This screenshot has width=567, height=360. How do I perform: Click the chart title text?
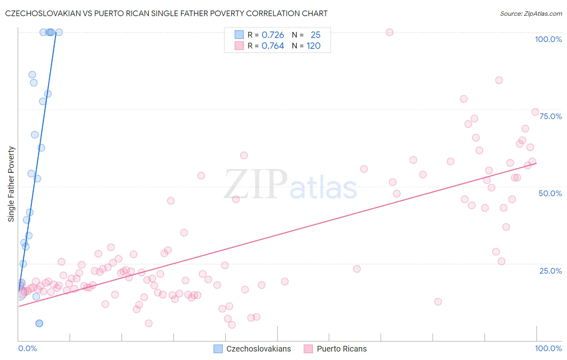point(166,13)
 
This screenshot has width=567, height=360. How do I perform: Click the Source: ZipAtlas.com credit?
point(531,13)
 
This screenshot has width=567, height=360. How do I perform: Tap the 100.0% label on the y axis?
point(548,39)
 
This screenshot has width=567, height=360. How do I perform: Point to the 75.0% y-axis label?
point(550,116)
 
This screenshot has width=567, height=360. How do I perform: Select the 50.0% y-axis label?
point(550,193)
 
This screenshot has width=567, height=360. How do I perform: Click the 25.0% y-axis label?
point(550,270)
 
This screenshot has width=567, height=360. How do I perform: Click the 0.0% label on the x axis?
point(27,348)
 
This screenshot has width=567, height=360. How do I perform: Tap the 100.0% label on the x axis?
point(548,348)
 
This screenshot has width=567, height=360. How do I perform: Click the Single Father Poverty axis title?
point(11,184)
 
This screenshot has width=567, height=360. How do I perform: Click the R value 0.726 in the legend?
point(273,35)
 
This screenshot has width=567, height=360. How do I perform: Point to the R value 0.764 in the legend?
point(273,46)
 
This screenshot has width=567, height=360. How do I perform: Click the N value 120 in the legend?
point(313,46)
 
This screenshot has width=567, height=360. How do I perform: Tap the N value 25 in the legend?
point(315,35)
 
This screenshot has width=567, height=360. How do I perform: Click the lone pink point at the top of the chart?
point(390,32)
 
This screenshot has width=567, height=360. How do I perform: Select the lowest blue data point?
point(39,323)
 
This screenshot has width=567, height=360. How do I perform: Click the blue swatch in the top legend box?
point(239,35)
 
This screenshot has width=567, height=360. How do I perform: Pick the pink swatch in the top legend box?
point(239,46)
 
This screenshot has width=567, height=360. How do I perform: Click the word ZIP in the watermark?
point(256,184)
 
